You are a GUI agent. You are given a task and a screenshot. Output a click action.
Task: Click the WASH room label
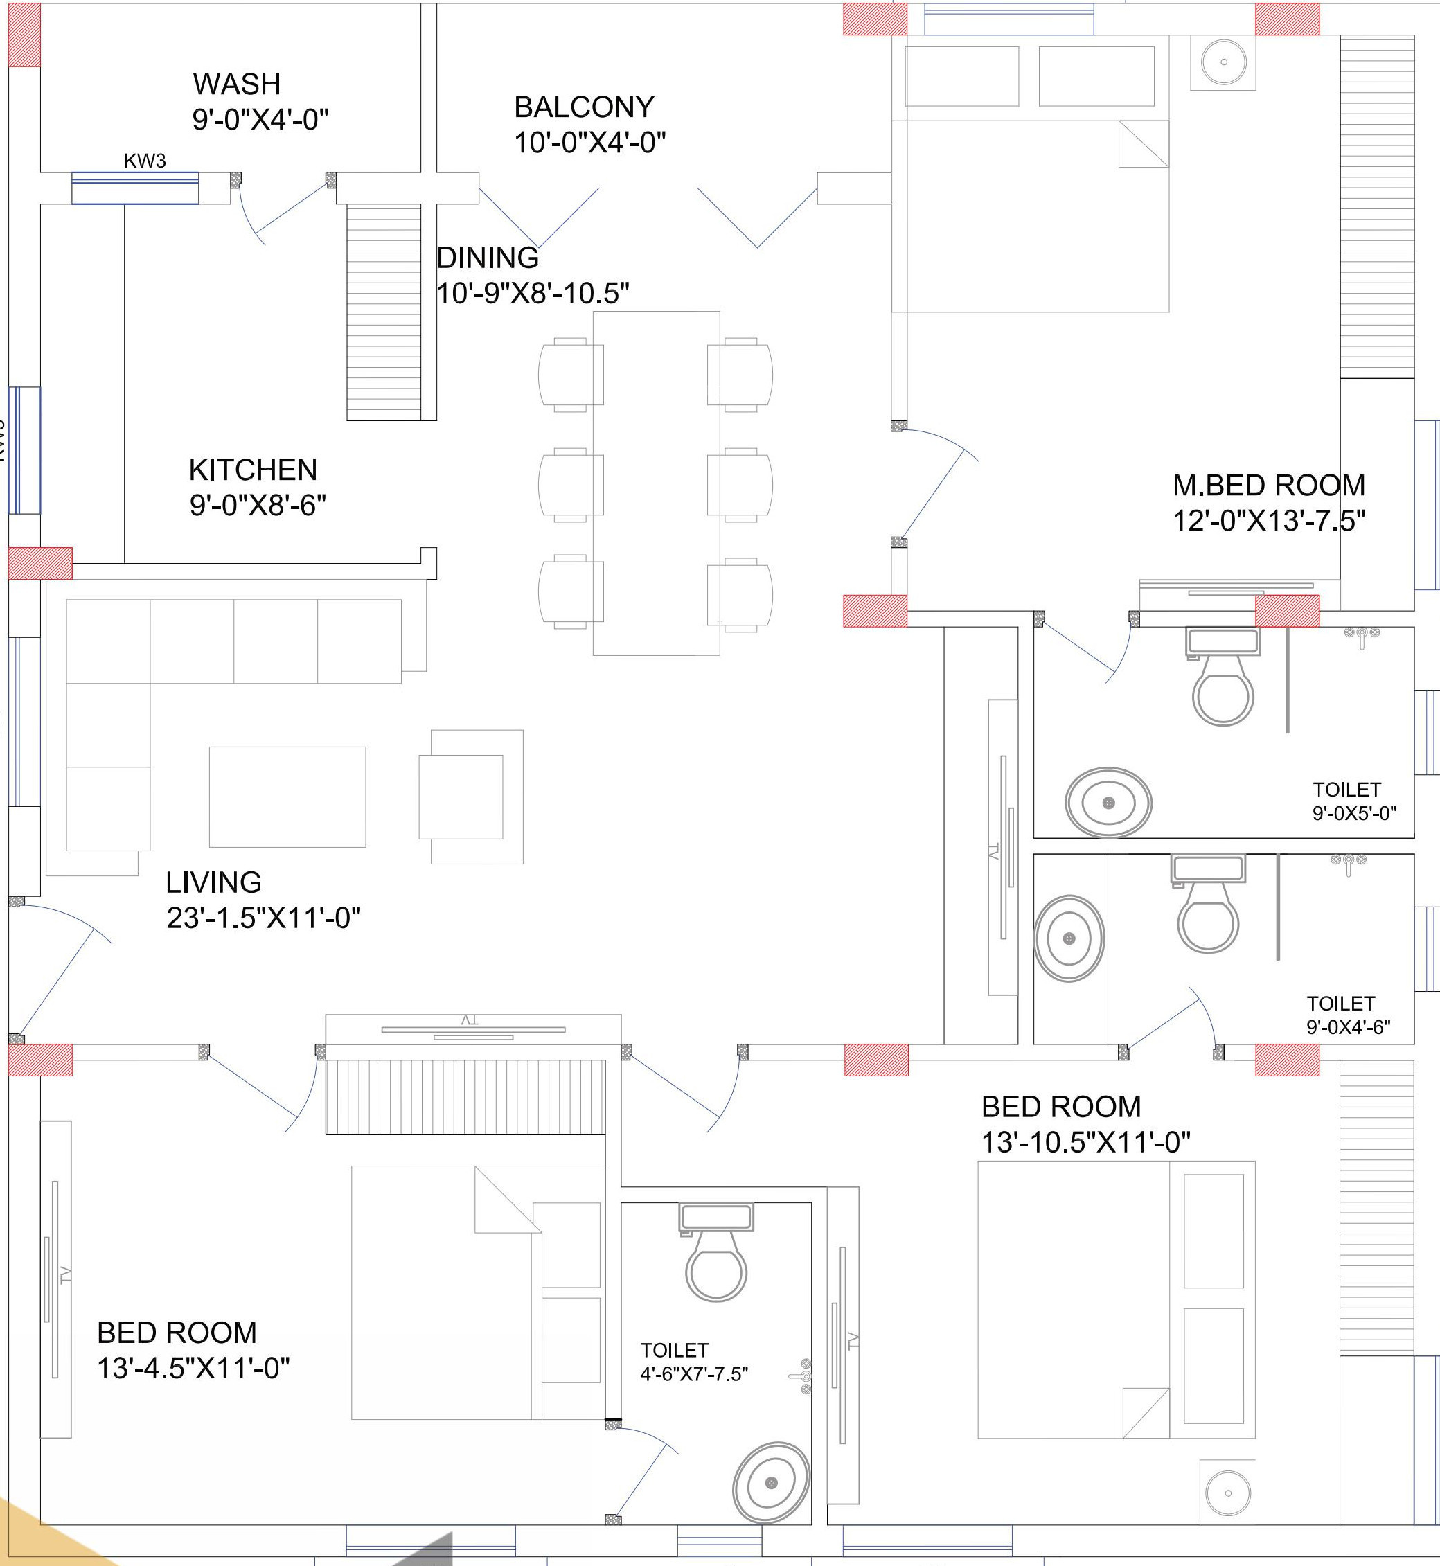tap(237, 83)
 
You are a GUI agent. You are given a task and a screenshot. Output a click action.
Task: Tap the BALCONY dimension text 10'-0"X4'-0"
tap(590, 143)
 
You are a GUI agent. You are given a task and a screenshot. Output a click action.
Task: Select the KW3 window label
tap(145, 161)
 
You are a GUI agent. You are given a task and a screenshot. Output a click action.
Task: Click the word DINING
tap(488, 257)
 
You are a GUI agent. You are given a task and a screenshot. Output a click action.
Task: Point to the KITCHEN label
tap(254, 470)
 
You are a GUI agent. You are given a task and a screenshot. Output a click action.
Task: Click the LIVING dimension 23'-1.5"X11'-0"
tap(263, 918)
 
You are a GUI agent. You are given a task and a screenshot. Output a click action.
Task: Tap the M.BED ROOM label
tap(1269, 486)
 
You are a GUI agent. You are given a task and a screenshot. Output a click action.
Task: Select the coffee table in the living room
tap(287, 797)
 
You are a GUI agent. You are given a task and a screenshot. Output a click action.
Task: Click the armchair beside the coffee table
tap(471, 797)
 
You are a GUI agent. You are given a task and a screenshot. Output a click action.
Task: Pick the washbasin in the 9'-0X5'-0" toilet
tap(1108, 803)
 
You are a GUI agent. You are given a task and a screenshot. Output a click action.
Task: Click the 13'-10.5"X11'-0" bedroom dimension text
tap(1085, 1142)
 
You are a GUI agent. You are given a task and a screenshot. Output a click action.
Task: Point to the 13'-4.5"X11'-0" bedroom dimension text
tap(193, 1368)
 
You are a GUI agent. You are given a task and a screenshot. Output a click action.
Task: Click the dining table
tap(656, 483)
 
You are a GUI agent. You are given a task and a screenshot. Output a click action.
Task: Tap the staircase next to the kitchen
tap(384, 312)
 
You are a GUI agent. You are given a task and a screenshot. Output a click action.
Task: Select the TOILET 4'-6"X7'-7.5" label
tap(693, 1362)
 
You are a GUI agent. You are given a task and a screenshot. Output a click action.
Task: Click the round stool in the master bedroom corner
tap(1223, 62)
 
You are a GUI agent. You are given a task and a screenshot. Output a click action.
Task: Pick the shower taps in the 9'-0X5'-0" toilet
tap(1361, 636)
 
